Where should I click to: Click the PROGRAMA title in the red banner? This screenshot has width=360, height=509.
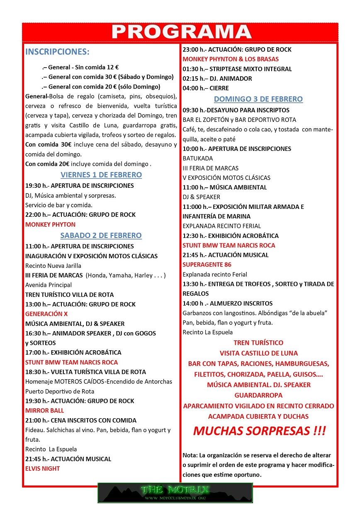181,32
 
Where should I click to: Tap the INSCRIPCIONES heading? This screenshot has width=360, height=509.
57,52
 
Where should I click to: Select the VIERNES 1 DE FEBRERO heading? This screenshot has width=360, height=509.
101,175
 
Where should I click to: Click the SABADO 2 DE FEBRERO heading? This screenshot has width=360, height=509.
101,235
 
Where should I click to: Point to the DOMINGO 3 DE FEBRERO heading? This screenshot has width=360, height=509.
258,99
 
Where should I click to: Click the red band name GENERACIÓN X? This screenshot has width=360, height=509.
46,314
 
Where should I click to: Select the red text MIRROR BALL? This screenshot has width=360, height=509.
45,410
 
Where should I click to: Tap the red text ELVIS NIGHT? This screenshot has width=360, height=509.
43,468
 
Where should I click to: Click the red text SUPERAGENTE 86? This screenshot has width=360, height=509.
207,264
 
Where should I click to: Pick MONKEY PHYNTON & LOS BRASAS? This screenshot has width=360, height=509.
231,59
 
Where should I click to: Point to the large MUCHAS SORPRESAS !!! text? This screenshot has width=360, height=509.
259,431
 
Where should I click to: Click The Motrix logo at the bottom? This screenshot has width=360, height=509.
175,493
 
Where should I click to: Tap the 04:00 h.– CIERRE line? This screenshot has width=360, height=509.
206,88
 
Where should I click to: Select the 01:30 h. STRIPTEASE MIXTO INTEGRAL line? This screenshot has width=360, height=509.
237,69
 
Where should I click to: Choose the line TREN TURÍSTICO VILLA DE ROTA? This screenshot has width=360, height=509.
69,295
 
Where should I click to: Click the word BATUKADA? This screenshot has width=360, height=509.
197,158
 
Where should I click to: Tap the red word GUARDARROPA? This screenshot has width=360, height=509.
258,395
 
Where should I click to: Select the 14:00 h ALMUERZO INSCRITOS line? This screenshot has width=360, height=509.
227,303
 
